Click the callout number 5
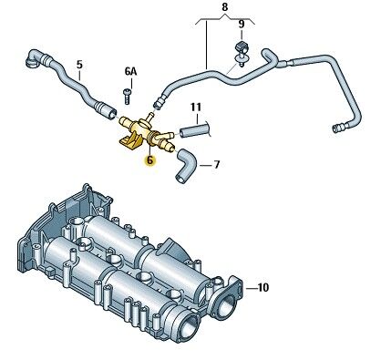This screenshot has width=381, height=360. pos(79,65)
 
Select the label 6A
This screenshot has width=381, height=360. pos(130,72)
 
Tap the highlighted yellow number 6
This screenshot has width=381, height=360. pos(149,159)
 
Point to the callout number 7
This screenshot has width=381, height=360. pos(216,165)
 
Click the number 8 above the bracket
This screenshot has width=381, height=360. pos(225,7)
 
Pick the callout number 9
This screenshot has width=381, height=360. pos(242,24)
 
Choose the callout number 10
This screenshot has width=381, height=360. pos(263,287)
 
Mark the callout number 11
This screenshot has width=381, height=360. pos(196,107)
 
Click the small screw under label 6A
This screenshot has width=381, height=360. pos(127,97)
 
